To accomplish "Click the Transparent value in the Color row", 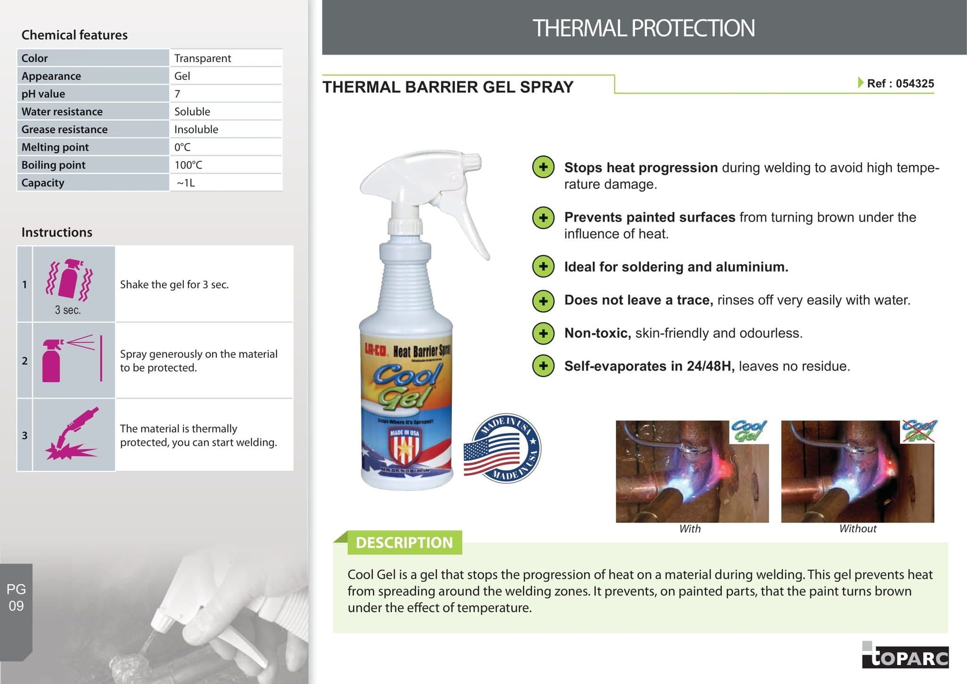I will point(203,58).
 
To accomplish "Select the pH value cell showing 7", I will point(178,94).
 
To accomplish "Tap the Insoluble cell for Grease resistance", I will point(196,129).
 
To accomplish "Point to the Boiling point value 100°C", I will point(188,165).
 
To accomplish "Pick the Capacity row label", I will point(43,183).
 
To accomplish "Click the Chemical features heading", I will point(75,35).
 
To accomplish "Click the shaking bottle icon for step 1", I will point(69,280).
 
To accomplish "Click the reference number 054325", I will point(915,84).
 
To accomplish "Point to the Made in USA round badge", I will point(502,448).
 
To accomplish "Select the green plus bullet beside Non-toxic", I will point(543,333).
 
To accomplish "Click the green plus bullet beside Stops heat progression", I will point(543,167).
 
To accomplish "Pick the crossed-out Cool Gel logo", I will point(918,431).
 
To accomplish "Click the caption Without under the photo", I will point(857,529).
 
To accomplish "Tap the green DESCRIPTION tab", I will point(404,542).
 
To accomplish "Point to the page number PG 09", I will point(16,598).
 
